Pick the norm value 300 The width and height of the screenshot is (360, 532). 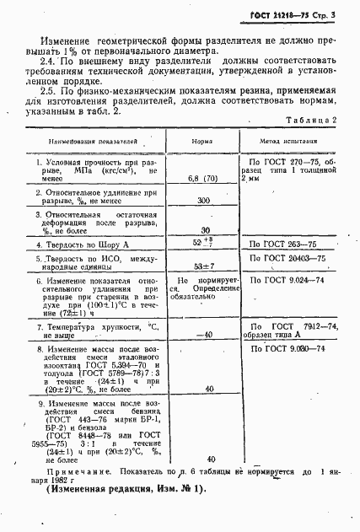203,202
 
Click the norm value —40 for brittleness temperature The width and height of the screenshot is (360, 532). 203,336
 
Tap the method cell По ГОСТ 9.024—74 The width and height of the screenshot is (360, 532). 287,279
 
